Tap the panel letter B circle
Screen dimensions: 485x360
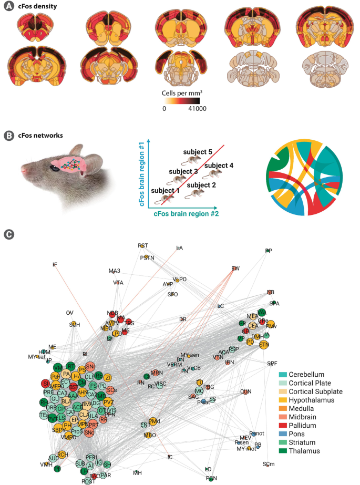coord(8,136)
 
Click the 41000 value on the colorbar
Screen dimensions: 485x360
coord(198,109)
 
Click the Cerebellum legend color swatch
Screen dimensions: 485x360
coord(283,374)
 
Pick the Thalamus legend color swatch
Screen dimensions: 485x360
coord(283,450)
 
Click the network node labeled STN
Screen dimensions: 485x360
coord(264,344)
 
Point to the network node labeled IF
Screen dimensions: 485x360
coord(55,264)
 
